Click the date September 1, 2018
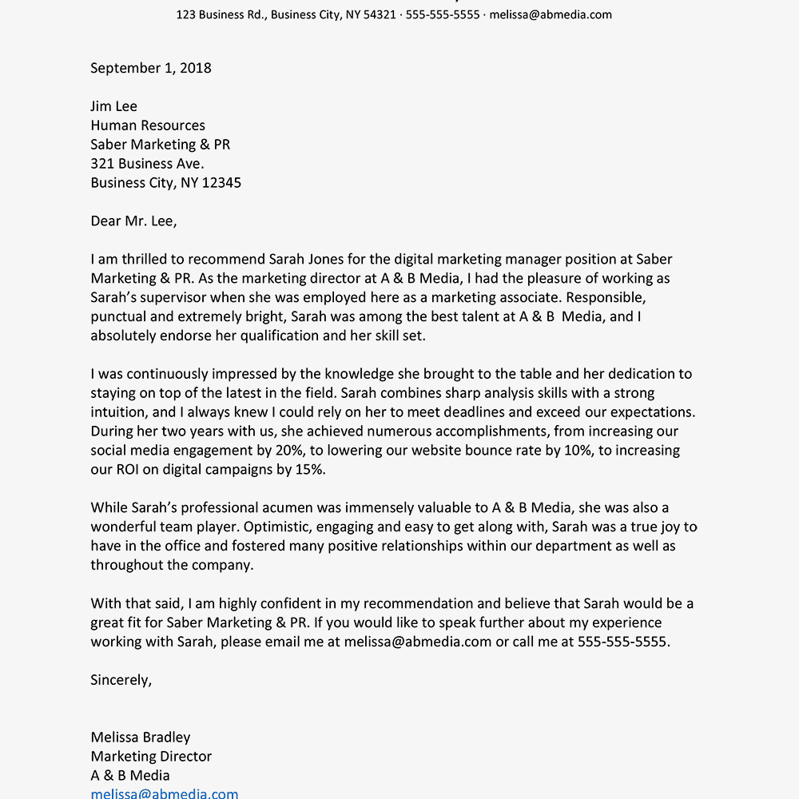click(x=151, y=68)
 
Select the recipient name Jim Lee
click(x=114, y=106)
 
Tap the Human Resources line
click(x=148, y=125)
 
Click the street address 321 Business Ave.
click(x=147, y=164)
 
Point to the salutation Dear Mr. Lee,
click(x=133, y=221)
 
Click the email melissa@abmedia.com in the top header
click(x=551, y=14)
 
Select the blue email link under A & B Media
click(x=164, y=793)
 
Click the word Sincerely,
click(x=121, y=680)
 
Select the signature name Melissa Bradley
click(x=141, y=737)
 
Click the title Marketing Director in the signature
click(x=151, y=757)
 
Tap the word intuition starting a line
click(x=118, y=412)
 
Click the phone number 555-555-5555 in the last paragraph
click(x=622, y=642)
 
